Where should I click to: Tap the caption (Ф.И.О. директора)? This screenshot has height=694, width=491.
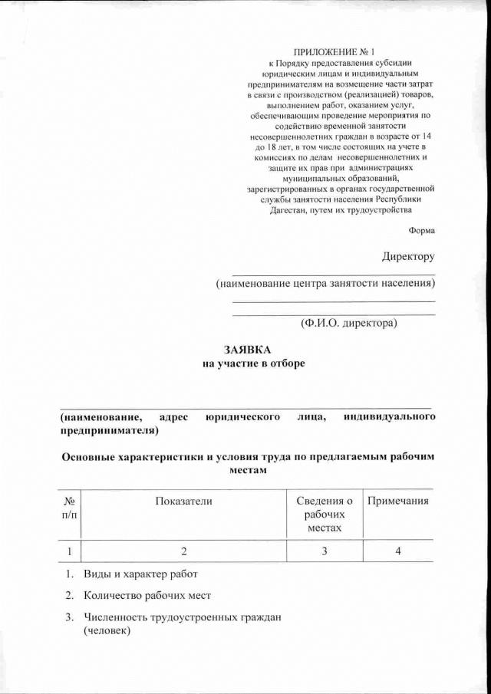pos(349,324)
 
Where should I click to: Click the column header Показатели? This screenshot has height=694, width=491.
pos(183,501)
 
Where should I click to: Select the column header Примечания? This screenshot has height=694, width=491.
pos(397,501)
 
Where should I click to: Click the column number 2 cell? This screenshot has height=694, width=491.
pos(183,551)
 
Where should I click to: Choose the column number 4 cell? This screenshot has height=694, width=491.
pos(397,551)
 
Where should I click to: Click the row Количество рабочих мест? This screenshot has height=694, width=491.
pos(147,596)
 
